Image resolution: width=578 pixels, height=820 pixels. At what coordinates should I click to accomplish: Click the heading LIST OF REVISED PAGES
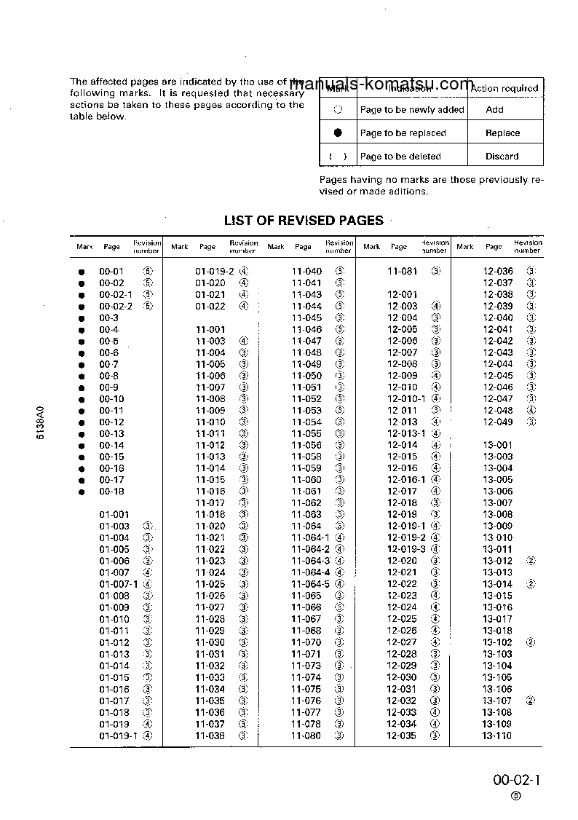[303, 221]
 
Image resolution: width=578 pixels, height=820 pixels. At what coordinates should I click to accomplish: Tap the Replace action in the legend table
[502, 133]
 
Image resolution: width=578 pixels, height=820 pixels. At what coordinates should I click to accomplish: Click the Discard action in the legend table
[502, 157]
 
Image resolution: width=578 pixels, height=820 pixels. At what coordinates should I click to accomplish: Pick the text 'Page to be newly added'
[411, 110]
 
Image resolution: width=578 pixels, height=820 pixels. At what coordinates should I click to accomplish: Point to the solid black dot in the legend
[338, 133]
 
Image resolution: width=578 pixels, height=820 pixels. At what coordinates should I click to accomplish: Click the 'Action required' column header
[504, 89]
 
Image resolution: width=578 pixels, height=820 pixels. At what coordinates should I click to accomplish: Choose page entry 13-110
[497, 736]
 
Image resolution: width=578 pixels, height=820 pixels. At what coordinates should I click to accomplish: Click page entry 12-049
[498, 422]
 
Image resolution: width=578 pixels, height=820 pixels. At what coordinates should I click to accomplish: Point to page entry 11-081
[402, 272]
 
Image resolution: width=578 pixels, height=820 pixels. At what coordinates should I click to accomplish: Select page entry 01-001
[114, 515]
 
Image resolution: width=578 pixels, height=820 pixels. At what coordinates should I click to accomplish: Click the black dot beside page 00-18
[82, 492]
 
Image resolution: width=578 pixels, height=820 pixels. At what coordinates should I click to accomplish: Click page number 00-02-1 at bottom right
[517, 780]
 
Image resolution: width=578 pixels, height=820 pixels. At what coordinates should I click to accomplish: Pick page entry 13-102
[497, 643]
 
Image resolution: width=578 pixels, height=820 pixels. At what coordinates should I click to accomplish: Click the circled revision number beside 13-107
[531, 701]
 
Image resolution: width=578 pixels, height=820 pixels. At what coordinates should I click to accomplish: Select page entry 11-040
[306, 272]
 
